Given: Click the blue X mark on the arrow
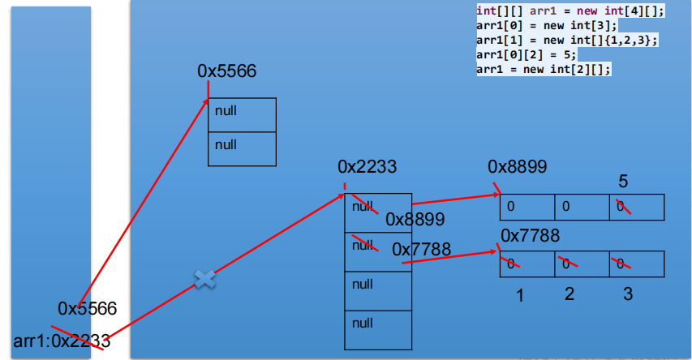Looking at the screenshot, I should tap(204, 279).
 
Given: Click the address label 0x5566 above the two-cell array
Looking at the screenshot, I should tap(226, 71).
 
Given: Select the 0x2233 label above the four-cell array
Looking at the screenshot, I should tap(367, 167).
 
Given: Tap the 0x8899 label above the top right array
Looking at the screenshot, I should tap(517, 167).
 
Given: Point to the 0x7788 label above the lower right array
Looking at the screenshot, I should tap(530, 236).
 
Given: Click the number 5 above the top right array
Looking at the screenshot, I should tap(623, 181).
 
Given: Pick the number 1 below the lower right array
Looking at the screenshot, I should tap(521, 296).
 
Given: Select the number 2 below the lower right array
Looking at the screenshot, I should tap(570, 294).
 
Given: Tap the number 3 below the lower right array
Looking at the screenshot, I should tap(627, 294).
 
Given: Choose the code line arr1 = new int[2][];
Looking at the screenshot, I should tap(543, 70).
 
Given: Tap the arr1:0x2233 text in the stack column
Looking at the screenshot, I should tap(62, 341).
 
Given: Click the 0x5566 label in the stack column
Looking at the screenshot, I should tap(87, 308).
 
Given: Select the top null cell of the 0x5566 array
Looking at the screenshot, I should tap(243, 110).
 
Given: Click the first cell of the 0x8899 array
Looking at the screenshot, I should tap(527, 207).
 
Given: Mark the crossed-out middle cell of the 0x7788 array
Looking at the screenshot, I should tap(582, 264).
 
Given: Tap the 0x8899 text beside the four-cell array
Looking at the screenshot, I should tap(415, 219).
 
